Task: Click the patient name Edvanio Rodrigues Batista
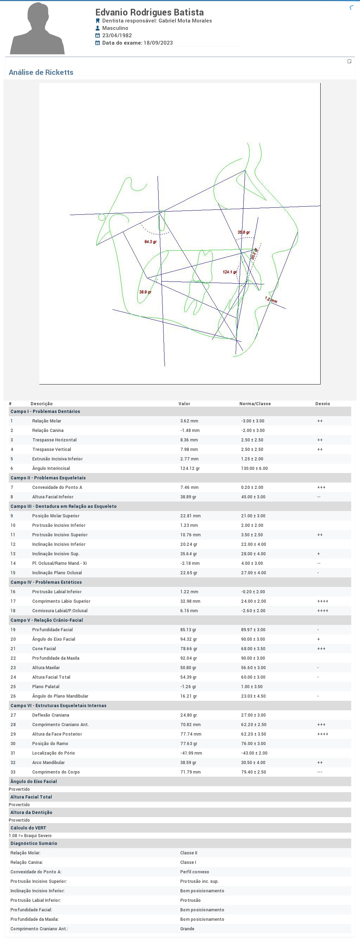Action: pos(149,12)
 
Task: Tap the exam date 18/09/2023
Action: pos(158,43)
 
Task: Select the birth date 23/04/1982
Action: pos(117,35)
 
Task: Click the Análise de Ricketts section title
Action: pos(41,72)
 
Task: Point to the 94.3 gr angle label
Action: pos(150,242)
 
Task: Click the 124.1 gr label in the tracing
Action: pos(230,272)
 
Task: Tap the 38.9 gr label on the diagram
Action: pos(145,292)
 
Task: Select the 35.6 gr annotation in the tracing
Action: pos(243,232)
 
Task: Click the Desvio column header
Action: pos(322,403)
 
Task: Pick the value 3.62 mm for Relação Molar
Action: pos(189,421)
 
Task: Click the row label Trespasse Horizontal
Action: pos(54,440)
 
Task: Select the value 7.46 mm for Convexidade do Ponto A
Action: pos(189,487)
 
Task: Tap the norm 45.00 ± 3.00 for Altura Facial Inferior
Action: pos(253,497)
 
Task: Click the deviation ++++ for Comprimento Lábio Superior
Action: pos(323,601)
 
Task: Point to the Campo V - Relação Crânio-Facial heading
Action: pos(46,620)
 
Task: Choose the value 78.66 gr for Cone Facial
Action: pos(188,649)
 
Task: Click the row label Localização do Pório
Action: pos(53,753)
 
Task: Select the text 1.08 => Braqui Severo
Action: pos(30,835)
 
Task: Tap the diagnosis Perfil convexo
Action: pos(194,872)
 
